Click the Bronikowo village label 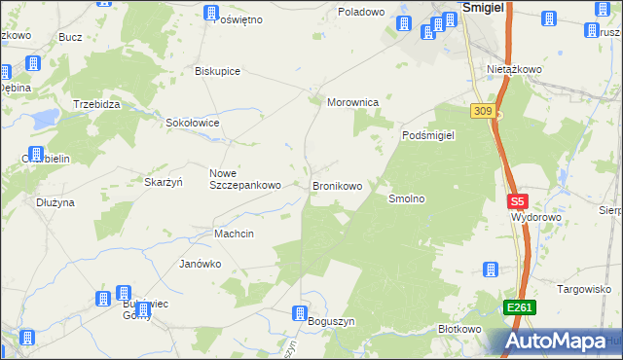point(337,185)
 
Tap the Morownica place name point(358,101)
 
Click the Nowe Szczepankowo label point(245,179)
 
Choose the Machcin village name point(234,234)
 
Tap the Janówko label point(201,264)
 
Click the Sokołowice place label point(193,124)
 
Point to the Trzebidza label point(96,103)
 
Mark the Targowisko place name point(582,289)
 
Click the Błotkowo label point(460,329)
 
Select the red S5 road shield point(517,202)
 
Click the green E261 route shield point(519,308)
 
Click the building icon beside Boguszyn point(301,313)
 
